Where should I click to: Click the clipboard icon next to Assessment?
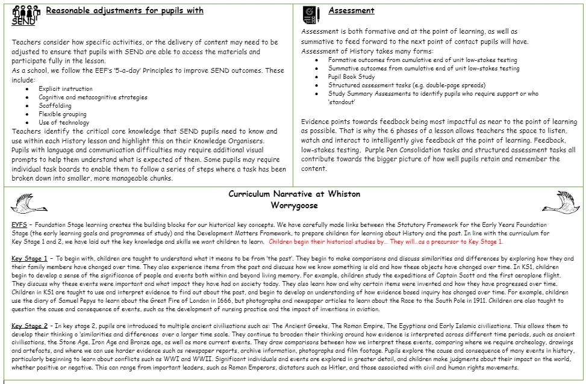[311, 13]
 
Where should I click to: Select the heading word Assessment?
[351, 11]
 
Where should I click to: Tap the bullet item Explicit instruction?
[66, 88]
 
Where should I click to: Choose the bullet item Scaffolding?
[55, 105]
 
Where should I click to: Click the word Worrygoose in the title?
[294, 205]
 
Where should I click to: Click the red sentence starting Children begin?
[385, 241]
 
